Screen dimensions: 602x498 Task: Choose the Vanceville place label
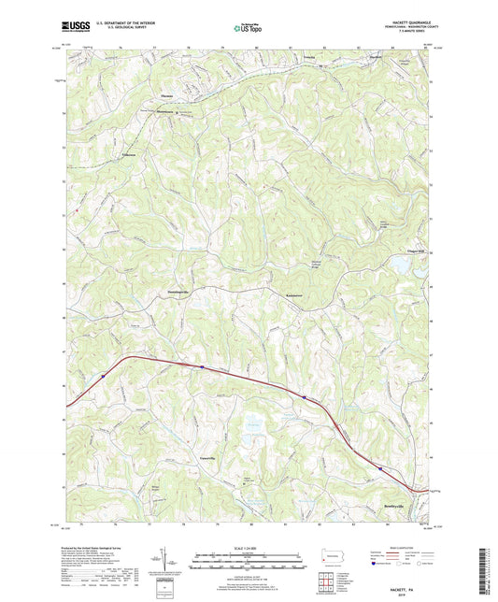(208, 443)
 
